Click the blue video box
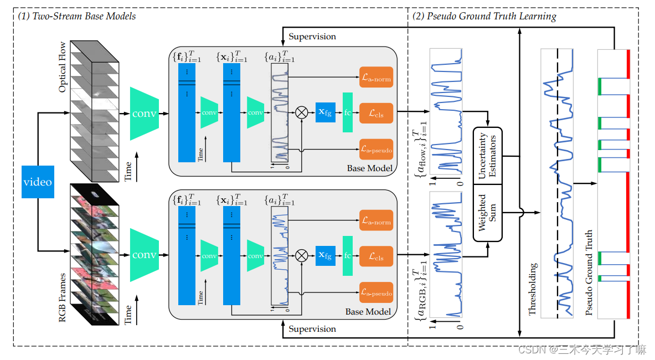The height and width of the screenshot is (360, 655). pyautogui.click(x=38, y=181)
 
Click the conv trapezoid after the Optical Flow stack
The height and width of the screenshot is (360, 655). pyautogui.click(x=144, y=113)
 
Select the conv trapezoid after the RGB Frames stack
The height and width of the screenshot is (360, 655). pyautogui.click(x=144, y=255)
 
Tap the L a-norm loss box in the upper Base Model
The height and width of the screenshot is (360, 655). pyautogui.click(x=376, y=78)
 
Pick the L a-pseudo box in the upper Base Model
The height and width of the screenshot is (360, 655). pyautogui.click(x=376, y=150)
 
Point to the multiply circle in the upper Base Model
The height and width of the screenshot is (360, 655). pyautogui.click(x=301, y=113)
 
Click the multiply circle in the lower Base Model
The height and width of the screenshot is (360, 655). pyautogui.click(x=301, y=255)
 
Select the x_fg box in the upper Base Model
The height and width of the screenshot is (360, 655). pyautogui.click(x=326, y=113)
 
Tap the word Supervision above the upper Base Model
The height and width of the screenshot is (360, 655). pyautogui.click(x=312, y=36)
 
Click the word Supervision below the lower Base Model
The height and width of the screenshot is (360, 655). pyautogui.click(x=312, y=329)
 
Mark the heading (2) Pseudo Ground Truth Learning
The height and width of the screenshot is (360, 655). pyautogui.click(x=484, y=16)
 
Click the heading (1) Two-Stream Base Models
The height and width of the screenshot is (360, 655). pyautogui.click(x=77, y=16)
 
